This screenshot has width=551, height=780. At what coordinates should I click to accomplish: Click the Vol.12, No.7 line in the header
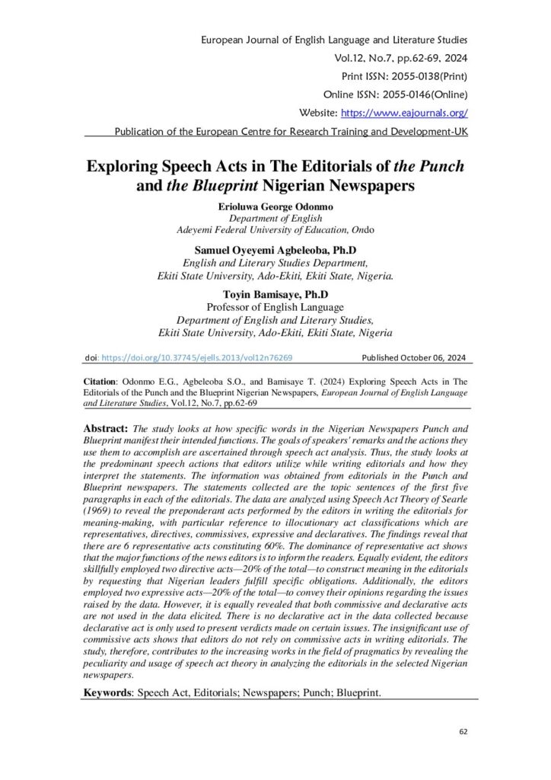(409, 57)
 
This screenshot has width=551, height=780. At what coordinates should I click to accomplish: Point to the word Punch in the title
(438, 165)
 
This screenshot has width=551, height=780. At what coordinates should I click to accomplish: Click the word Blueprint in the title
(233, 185)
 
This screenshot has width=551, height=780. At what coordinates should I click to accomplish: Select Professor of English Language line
(275, 308)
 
